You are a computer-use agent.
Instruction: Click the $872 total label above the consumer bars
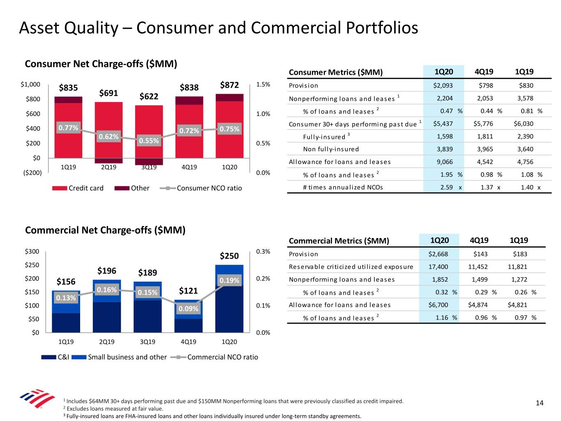click(229, 85)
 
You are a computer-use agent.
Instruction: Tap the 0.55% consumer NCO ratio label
click(149, 141)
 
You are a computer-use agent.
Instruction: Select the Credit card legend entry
click(78, 188)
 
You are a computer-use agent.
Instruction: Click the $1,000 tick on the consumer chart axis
click(30, 84)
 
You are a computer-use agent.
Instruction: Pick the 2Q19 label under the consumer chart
click(109, 167)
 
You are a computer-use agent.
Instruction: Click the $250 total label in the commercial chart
click(229, 256)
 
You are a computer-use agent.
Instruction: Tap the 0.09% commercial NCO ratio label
click(188, 309)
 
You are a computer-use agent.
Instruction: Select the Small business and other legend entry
click(120, 357)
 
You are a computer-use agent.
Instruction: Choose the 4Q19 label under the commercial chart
click(188, 342)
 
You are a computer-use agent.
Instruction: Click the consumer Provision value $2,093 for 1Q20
click(443, 86)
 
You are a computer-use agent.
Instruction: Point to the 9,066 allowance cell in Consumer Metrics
click(445, 162)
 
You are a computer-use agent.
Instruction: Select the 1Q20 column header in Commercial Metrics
click(439, 241)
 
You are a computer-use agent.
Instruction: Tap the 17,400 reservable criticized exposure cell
click(438, 267)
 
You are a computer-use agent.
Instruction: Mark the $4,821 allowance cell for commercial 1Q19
click(517, 305)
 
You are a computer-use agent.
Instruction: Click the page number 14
click(540, 403)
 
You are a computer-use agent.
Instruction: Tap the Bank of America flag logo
click(37, 398)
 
